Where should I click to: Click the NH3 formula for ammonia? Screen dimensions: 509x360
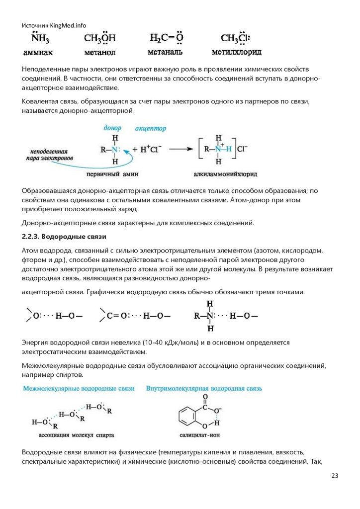click(x=37, y=39)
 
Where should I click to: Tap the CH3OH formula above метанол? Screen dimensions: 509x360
click(x=100, y=39)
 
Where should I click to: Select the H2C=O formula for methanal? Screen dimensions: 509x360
click(x=166, y=38)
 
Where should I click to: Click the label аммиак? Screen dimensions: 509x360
click(x=38, y=52)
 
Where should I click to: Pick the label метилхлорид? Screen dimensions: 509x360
click(x=236, y=52)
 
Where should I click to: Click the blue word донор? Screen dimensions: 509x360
click(x=112, y=128)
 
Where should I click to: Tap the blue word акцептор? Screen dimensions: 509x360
click(x=150, y=128)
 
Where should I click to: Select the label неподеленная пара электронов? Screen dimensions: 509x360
click(x=49, y=154)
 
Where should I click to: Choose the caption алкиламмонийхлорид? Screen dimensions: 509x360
click(x=221, y=174)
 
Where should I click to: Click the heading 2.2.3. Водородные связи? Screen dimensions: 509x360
click(x=64, y=235)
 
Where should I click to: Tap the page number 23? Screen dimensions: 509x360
click(x=335, y=476)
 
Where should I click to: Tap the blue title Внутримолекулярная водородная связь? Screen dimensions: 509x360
click(x=204, y=388)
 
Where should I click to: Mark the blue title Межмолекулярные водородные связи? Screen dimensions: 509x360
click(x=79, y=388)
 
